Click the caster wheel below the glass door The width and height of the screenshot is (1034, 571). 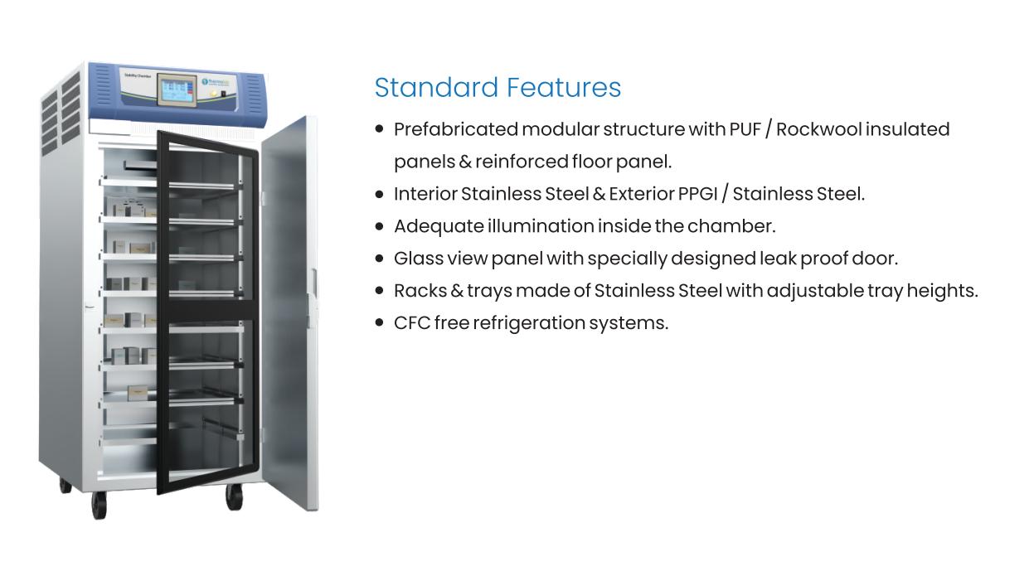tap(235, 496)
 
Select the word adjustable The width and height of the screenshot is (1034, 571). tap(813, 291)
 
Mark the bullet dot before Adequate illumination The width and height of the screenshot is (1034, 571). tap(379, 226)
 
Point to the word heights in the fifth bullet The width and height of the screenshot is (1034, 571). tap(948, 291)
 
